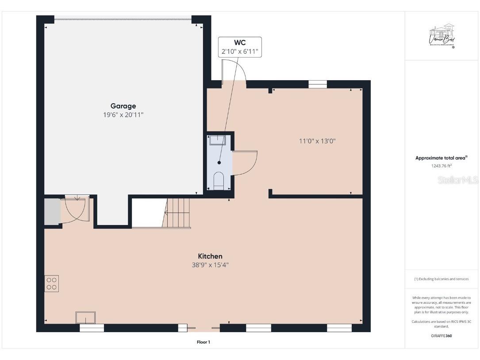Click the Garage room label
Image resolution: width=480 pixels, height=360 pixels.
[123, 106]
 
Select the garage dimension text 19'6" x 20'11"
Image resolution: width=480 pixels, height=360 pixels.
[123, 115]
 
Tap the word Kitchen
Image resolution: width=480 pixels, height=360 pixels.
[210, 256]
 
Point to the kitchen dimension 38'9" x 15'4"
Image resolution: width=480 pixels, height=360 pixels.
[210, 265]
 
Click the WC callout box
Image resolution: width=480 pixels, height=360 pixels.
[239, 47]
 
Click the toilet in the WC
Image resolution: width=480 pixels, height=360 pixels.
[219, 180]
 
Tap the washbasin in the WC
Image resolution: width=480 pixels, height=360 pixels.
[218, 140]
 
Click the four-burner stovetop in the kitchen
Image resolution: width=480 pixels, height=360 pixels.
[52, 283]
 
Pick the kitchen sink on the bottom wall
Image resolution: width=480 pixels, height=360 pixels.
[85, 317]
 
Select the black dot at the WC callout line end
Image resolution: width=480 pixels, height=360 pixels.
[219, 163]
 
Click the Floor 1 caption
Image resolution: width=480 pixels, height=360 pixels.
[203, 342]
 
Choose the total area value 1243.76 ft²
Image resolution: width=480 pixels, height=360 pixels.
[442, 166]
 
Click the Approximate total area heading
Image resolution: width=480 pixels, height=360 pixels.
[441, 158]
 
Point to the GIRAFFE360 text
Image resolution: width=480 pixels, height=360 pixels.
[442, 336]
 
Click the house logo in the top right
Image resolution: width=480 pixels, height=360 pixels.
[442, 36]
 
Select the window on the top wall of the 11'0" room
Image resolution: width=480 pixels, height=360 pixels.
[317, 84]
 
